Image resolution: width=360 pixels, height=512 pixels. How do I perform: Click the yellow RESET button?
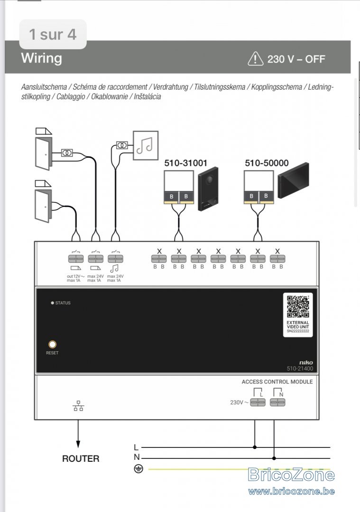[x=52, y=344]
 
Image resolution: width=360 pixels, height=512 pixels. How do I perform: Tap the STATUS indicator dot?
[x=52, y=303]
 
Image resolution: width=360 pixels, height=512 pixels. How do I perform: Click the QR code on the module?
[x=298, y=307]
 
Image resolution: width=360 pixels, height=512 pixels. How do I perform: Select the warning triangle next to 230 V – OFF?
[x=256, y=59]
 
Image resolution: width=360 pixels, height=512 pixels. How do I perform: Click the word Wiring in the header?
[x=41, y=58]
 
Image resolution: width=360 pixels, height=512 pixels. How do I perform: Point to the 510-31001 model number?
[x=185, y=163]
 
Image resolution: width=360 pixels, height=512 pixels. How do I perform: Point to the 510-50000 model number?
[x=267, y=163]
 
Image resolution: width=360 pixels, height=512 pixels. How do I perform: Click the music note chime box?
[x=145, y=146]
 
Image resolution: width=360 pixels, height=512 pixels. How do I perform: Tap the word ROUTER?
[x=81, y=458]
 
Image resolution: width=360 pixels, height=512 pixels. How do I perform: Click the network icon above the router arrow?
[x=78, y=406]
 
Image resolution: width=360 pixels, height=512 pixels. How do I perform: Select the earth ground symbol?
[x=138, y=469]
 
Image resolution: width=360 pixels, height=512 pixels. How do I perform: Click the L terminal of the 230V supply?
[x=258, y=402]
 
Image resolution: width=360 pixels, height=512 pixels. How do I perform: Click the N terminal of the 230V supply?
[x=277, y=402]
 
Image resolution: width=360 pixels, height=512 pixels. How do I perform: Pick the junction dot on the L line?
[x=255, y=447]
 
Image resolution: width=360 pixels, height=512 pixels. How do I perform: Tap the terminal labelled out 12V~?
[x=76, y=259]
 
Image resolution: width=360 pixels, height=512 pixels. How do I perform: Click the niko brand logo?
[x=306, y=363]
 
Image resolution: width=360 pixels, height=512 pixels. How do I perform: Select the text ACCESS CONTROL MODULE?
[x=277, y=382]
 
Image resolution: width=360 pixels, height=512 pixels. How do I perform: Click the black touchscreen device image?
[x=293, y=180]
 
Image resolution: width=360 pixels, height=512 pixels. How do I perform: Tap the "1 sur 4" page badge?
[x=53, y=34]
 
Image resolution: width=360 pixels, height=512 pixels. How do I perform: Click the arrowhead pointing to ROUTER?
[x=78, y=444]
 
